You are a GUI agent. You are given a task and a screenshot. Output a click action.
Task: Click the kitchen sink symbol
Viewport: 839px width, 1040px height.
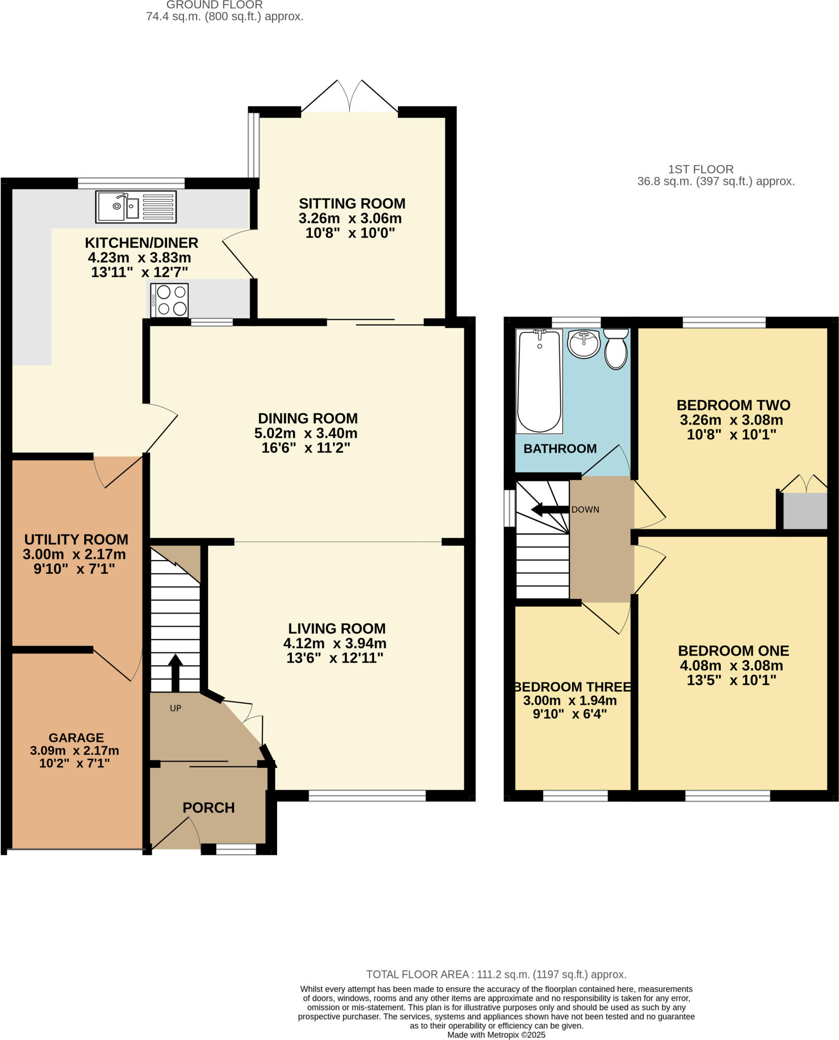[136, 207]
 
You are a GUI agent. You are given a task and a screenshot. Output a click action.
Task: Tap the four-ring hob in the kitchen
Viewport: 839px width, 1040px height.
[170, 300]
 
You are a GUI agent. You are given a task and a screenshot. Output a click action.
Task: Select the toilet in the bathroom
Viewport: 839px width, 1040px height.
[616, 349]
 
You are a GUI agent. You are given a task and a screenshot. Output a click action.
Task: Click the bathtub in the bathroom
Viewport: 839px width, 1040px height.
[539, 381]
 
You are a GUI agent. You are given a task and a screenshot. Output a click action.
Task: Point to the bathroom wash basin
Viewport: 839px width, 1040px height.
[584, 344]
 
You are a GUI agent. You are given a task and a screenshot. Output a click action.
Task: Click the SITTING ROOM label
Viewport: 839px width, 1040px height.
[352, 204]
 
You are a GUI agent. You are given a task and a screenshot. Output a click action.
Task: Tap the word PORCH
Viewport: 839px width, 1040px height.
[209, 807]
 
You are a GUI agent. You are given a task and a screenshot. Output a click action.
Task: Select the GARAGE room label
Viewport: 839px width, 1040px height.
[76, 737]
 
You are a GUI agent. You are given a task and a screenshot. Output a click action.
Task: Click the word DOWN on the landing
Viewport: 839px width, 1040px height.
[585, 509]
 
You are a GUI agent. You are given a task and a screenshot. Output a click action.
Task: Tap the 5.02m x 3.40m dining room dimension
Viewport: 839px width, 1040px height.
[306, 433]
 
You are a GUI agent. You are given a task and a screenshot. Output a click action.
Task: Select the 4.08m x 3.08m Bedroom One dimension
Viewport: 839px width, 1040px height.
[733, 665]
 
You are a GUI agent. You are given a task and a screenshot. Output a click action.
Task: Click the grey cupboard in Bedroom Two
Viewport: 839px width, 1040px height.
[804, 510]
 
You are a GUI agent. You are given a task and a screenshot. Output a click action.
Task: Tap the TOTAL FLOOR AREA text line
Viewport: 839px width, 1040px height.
[496, 974]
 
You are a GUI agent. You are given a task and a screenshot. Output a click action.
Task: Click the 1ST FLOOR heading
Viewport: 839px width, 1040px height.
[700, 169]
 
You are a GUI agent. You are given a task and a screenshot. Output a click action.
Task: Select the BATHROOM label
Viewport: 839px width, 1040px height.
[560, 448]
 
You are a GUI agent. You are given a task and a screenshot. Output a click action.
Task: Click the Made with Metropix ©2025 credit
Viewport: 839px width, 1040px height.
[496, 1034]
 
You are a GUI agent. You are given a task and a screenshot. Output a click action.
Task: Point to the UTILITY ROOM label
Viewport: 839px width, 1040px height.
[76, 539]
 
